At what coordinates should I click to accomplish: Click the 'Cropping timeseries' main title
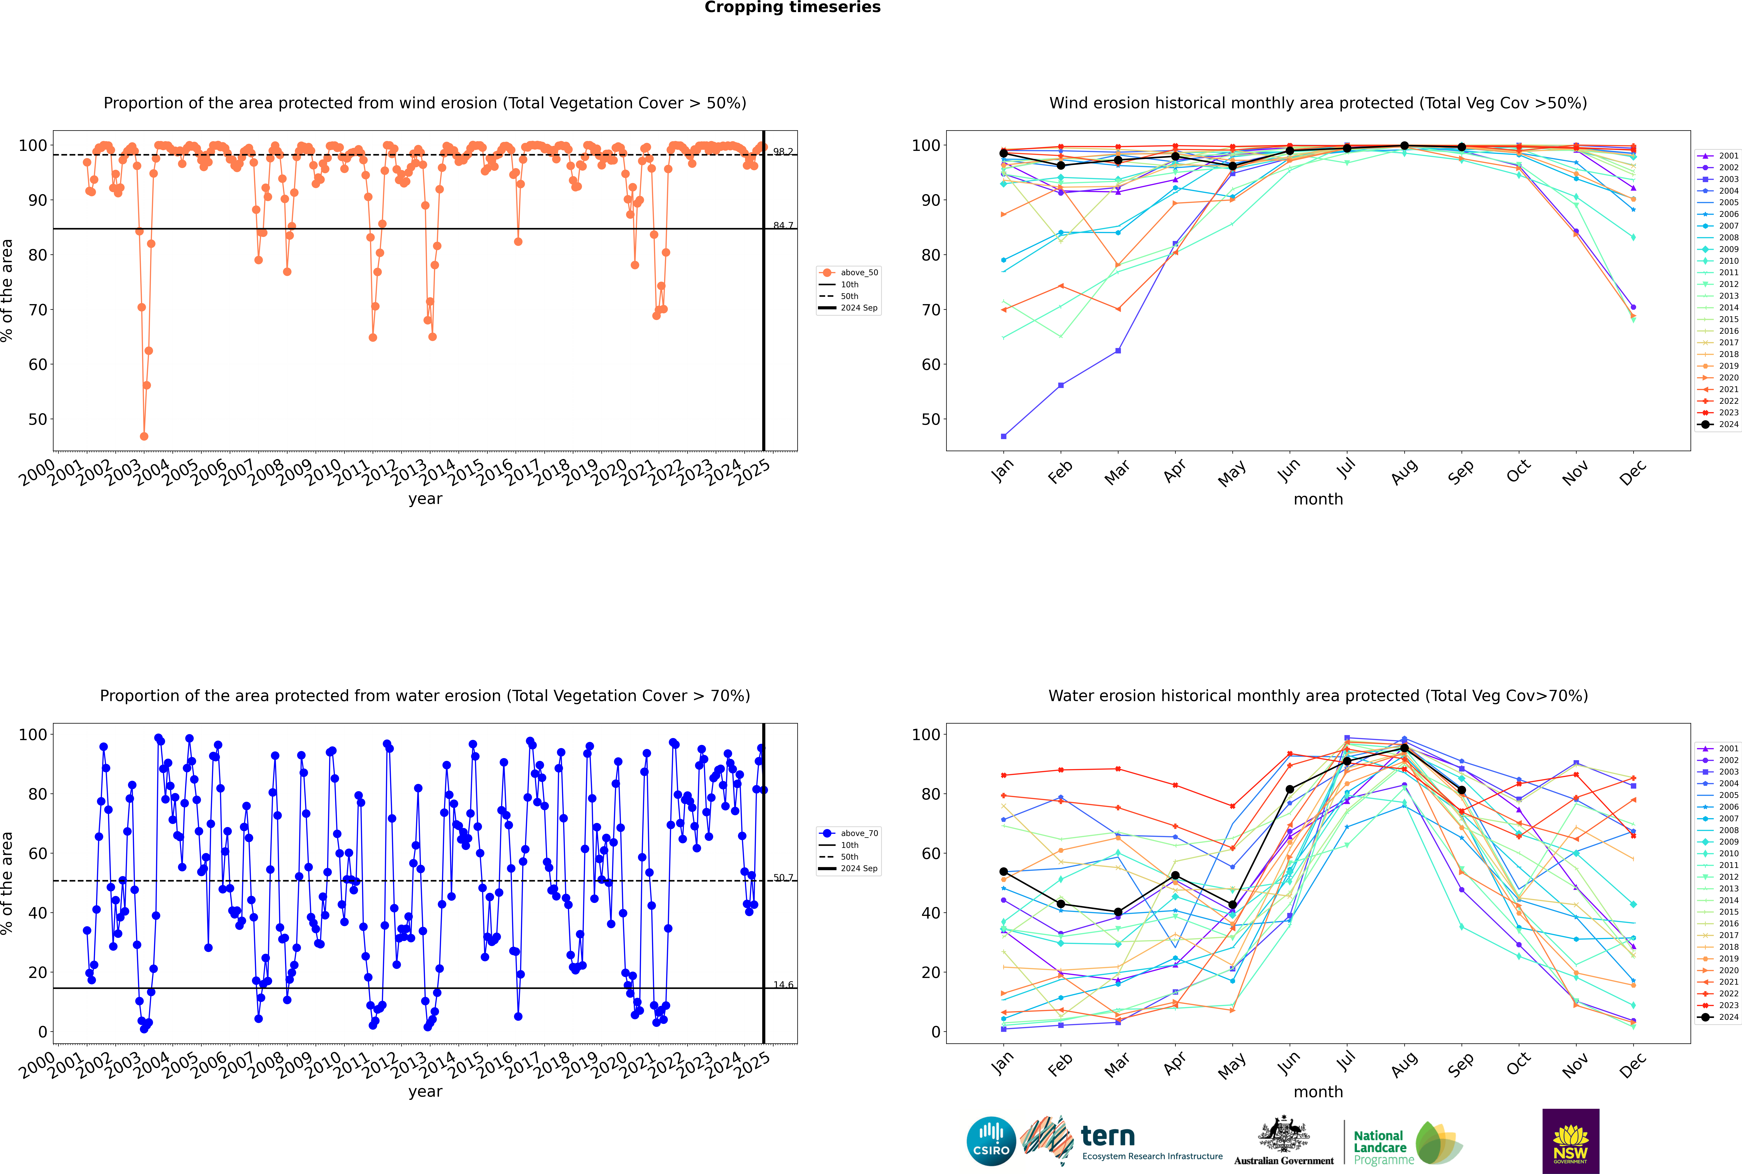(792, 7)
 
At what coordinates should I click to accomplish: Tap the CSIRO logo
(991, 1141)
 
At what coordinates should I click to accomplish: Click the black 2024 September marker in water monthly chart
(1461, 790)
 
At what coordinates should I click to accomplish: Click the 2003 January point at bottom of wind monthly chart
(1004, 436)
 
